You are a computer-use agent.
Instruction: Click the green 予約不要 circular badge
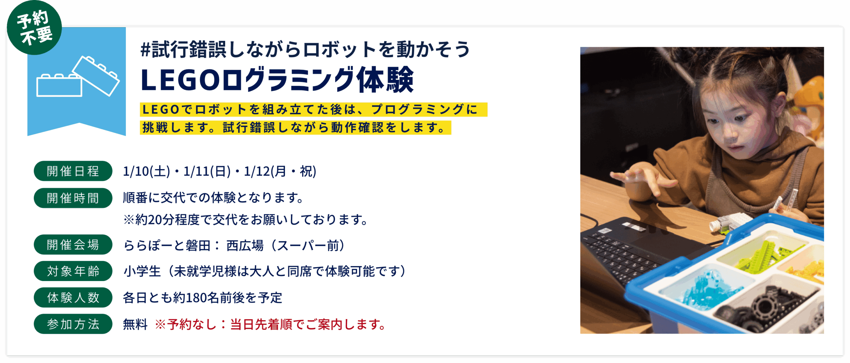(34, 28)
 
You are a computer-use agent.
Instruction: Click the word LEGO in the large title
(180, 80)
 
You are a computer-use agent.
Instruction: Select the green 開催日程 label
(73, 171)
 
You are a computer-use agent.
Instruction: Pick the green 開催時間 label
(73, 198)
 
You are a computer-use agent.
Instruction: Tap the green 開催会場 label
(73, 245)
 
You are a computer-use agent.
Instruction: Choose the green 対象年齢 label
(73, 271)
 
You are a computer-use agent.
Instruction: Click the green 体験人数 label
(73, 298)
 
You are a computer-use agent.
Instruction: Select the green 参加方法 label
(73, 324)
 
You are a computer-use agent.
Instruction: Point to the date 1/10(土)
(146, 171)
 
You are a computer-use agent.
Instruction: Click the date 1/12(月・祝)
(280, 171)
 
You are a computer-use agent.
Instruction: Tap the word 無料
(135, 324)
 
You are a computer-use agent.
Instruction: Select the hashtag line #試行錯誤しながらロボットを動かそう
(305, 49)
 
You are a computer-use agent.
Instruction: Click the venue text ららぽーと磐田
(167, 246)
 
